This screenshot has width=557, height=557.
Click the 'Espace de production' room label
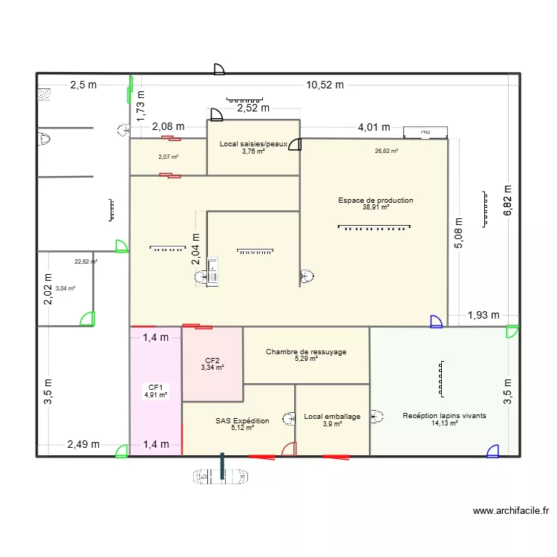tap(375, 201)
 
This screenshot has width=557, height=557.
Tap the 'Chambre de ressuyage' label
tap(306, 351)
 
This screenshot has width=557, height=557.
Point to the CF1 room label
tap(156, 387)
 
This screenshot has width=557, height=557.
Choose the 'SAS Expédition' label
tap(242, 420)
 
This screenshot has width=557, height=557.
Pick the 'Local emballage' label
tap(332, 416)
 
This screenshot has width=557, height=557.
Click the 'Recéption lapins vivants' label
tap(444, 416)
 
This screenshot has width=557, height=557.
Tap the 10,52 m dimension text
tap(325, 85)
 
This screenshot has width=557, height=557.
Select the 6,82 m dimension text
tap(507, 201)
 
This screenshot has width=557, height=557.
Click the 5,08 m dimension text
tap(458, 232)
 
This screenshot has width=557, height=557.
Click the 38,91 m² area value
tap(376, 208)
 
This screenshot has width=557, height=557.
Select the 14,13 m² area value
tap(443, 423)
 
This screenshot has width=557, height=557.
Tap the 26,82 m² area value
tap(386, 151)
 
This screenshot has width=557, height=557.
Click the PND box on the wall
tap(426, 132)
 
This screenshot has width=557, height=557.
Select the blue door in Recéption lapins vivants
tap(492, 450)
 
